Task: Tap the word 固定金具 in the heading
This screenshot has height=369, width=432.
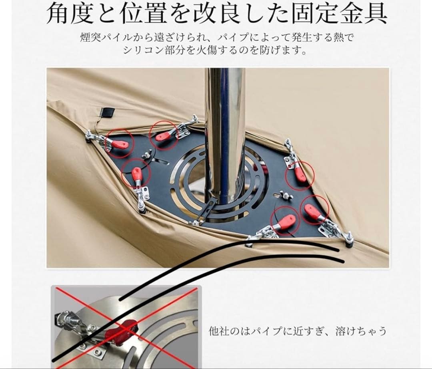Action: click(340, 13)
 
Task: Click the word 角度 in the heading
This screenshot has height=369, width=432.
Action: click(70, 13)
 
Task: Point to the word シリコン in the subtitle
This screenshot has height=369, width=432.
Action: click(143, 50)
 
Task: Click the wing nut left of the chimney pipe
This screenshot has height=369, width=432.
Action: click(146, 155)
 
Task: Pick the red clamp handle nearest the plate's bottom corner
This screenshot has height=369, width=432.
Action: click(286, 221)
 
